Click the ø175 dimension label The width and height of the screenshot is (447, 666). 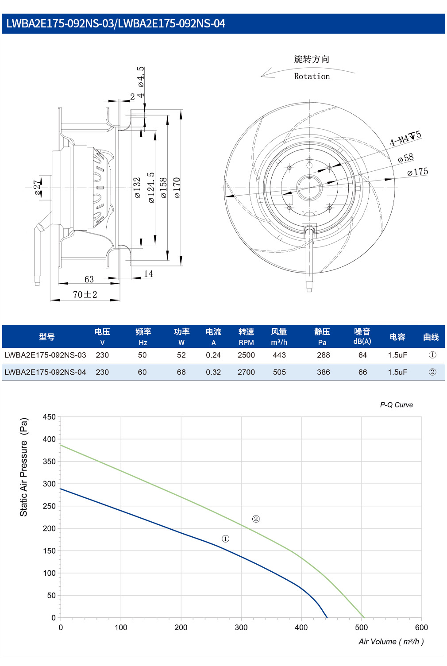417,172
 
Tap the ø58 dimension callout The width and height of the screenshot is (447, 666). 406,158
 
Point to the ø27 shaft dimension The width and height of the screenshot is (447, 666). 37,188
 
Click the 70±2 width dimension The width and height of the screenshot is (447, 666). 85,294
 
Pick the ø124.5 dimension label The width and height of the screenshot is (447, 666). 151,188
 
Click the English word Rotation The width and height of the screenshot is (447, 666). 312,77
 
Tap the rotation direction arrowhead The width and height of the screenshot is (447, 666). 266,73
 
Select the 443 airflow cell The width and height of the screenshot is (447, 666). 279,355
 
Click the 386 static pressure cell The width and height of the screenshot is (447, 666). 323,372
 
